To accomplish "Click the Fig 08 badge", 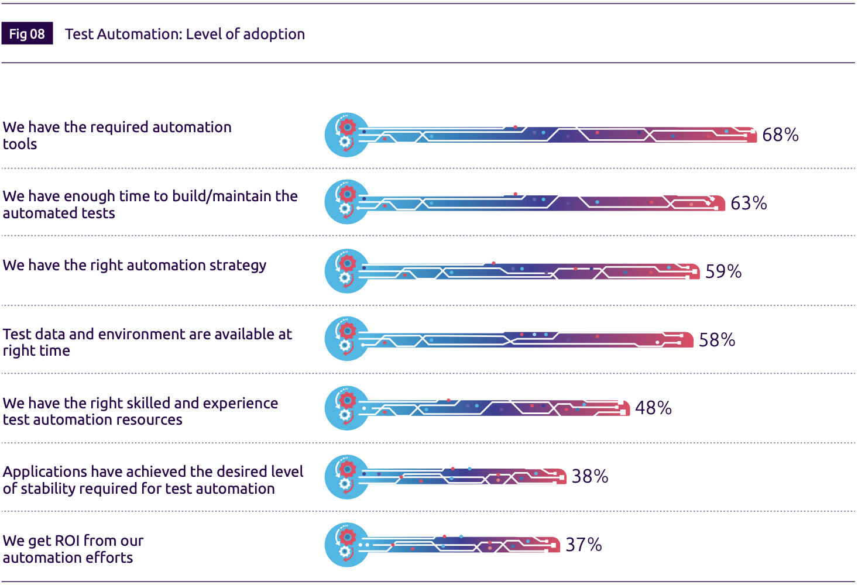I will (x=27, y=34).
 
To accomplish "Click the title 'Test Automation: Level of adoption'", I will (x=185, y=34).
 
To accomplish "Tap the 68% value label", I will (x=780, y=135).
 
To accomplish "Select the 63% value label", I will (x=749, y=204).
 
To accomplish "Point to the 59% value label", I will (x=723, y=271).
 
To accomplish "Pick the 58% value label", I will (x=717, y=340).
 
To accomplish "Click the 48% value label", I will (x=653, y=408).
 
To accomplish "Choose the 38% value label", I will (x=590, y=476).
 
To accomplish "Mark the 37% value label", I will (x=584, y=545).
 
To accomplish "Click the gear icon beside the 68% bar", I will (x=347, y=135).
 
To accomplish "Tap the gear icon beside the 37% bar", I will (x=347, y=545).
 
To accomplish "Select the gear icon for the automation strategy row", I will (x=347, y=271).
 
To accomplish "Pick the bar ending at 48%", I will (x=497, y=408).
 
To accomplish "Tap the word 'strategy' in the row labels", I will (x=238, y=266).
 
